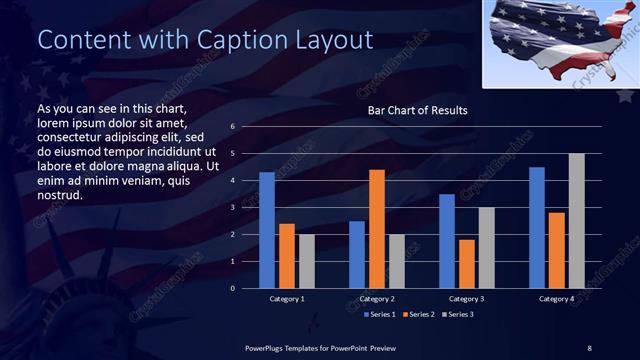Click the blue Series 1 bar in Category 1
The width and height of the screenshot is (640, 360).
point(267,230)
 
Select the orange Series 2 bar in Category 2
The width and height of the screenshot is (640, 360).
point(377,229)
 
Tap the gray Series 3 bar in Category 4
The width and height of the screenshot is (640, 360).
point(577,221)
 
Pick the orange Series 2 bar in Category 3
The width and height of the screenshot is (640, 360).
point(467,264)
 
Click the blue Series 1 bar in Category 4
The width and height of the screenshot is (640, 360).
point(537,228)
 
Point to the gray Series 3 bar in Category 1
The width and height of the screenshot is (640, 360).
point(307,261)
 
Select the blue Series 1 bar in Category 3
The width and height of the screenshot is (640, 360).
point(447,241)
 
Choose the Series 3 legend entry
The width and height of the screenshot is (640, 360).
point(457,315)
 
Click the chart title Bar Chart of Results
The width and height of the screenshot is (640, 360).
point(411,110)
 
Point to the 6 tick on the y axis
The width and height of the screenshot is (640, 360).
point(232,127)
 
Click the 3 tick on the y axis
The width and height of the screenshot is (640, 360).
point(232,208)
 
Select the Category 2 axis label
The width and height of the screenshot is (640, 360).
point(377,299)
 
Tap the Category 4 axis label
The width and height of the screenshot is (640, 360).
point(557,299)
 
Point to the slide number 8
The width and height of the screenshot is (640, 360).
point(589,347)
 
